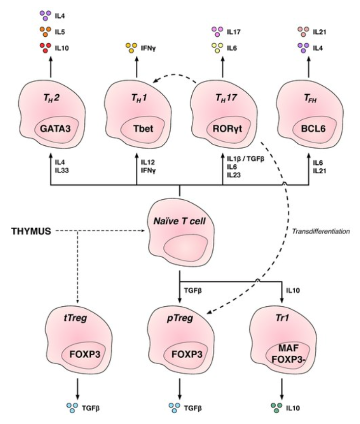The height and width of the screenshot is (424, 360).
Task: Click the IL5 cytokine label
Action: (x=63, y=31)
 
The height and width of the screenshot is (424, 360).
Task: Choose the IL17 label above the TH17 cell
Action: (x=234, y=31)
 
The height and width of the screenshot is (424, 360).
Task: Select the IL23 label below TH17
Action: (x=233, y=174)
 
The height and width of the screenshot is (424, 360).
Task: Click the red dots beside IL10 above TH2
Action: (x=45, y=47)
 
